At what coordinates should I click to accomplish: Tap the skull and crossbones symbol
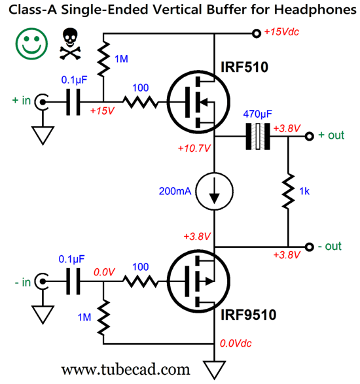(70, 44)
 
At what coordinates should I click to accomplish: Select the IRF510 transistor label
(244, 67)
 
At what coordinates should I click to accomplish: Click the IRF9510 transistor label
(248, 315)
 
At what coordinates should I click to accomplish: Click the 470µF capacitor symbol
(258, 136)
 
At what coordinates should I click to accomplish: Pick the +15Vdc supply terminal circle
(257, 33)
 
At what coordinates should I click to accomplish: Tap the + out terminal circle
(309, 136)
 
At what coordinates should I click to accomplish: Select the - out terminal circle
(309, 247)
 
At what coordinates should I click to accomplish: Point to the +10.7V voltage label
(194, 148)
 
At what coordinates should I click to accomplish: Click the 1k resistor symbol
(288, 191)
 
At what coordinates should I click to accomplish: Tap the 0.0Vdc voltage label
(236, 343)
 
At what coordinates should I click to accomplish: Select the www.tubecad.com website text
(126, 370)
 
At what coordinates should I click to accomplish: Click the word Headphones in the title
(315, 10)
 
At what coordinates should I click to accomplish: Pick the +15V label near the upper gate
(102, 111)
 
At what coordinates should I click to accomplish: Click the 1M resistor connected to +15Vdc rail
(103, 59)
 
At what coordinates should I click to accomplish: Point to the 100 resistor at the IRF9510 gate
(140, 281)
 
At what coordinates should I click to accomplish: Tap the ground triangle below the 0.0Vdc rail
(215, 370)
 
